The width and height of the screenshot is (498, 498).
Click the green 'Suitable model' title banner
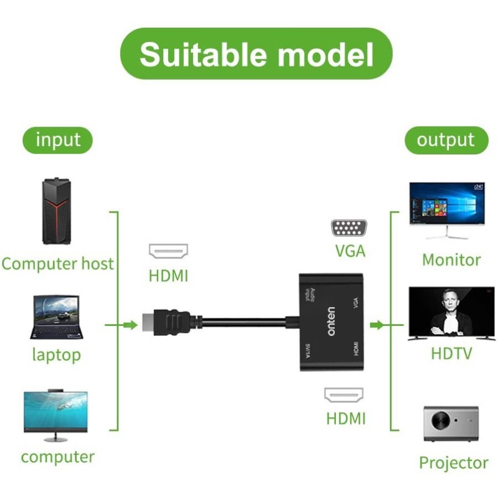256,54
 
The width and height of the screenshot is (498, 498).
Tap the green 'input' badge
58,140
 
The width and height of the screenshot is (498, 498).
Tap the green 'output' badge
446,140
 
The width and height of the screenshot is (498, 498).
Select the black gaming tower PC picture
57,212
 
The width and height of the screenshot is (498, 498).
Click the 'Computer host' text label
58,263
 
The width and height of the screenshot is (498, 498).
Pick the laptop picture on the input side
57,317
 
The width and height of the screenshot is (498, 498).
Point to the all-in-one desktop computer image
55,416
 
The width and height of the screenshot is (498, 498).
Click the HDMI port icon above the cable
168,252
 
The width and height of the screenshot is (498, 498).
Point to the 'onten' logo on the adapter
331,321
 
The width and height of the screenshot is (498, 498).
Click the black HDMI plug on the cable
166,321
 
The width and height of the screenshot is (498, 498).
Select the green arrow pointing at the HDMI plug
129,325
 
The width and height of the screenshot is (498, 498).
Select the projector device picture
450,423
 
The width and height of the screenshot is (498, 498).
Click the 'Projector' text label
453,463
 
